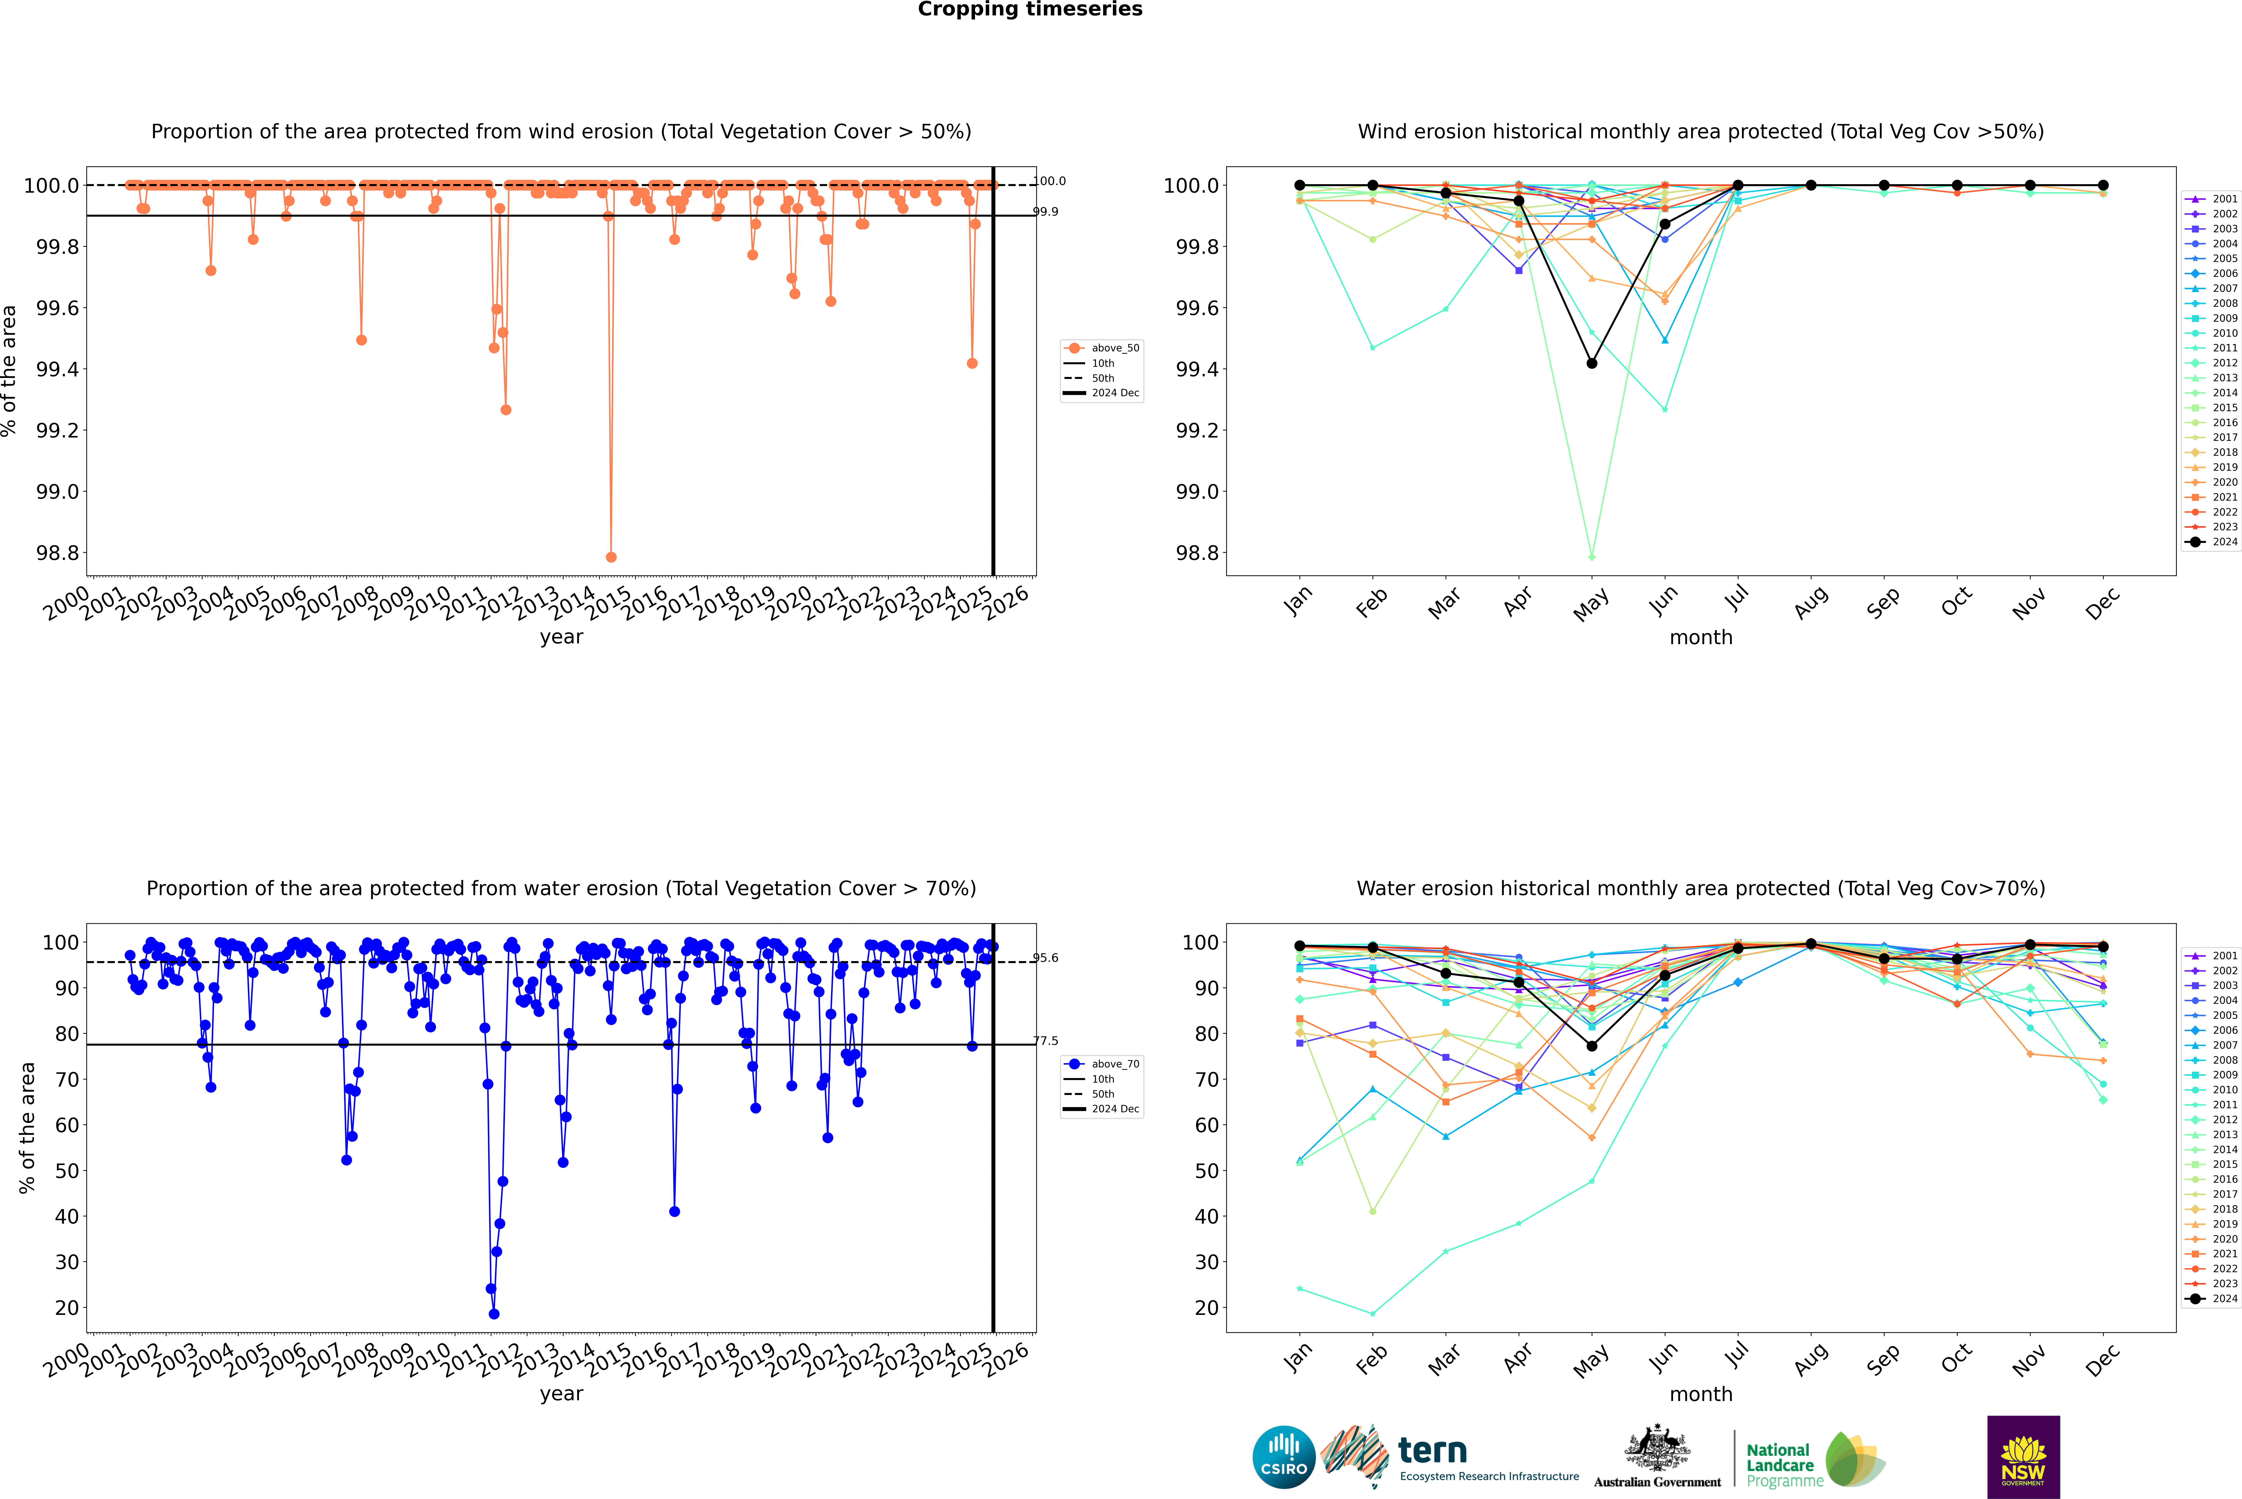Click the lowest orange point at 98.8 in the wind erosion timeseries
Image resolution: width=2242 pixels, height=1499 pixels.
coord(611,556)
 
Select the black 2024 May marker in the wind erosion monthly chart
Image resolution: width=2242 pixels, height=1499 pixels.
coord(1591,363)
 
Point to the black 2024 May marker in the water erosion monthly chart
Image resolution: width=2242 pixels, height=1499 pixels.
coord(1591,1046)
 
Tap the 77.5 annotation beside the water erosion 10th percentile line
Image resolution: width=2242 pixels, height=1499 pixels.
coord(1045,1041)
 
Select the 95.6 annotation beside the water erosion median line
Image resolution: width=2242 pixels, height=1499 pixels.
coord(1045,958)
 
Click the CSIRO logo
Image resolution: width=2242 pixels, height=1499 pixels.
coord(1284,1457)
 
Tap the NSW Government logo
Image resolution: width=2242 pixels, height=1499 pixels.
coord(2023,1457)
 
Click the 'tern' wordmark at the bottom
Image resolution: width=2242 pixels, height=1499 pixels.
coord(1432,1450)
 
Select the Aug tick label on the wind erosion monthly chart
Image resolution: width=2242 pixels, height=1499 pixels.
coord(1810,602)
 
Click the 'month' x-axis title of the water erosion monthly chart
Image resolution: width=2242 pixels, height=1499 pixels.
coord(1700,1394)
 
